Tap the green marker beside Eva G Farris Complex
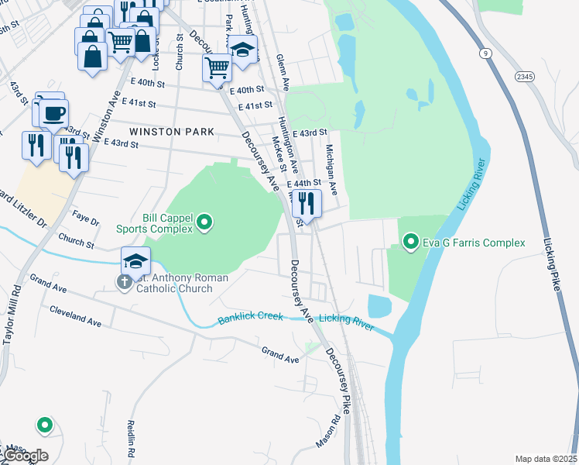click(x=410, y=243)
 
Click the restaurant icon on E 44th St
click(x=308, y=205)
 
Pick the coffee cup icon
click(x=53, y=113)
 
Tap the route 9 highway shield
click(x=485, y=53)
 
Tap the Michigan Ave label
click(x=331, y=169)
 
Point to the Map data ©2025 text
click(x=545, y=459)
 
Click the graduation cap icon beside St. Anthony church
click(x=135, y=261)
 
